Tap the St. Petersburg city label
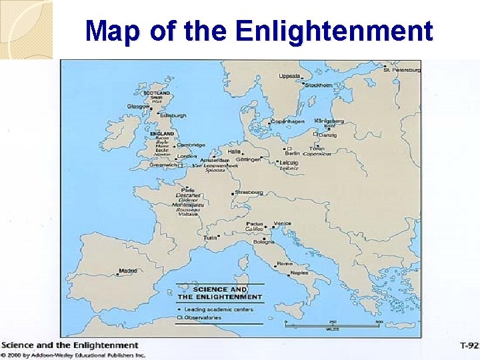(402, 69)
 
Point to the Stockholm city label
(319, 85)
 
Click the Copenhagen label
(287, 122)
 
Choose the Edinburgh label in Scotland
(173, 115)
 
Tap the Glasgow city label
(139, 106)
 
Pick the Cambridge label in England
(191, 145)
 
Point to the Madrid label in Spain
(127, 271)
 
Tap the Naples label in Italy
(299, 273)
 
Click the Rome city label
(284, 263)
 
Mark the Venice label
(282, 223)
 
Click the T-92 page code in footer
(469, 345)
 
